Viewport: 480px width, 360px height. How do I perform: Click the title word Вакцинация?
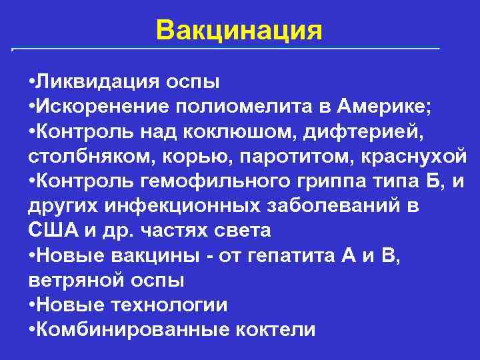(x=239, y=29)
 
